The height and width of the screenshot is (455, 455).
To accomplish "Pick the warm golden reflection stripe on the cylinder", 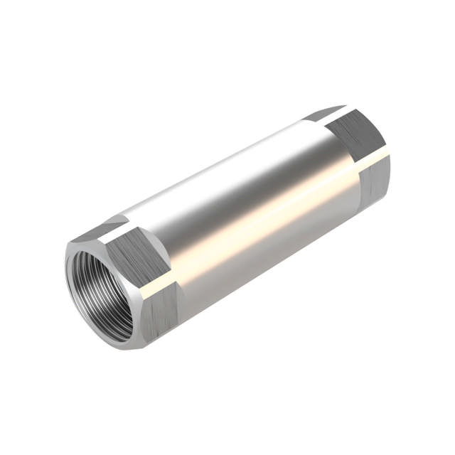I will [256, 227].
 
